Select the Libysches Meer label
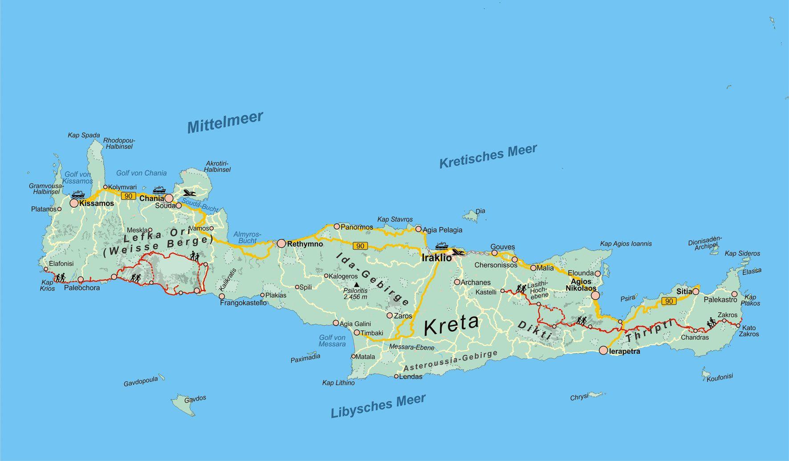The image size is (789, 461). point(378,406)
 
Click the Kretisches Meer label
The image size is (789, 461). point(488,156)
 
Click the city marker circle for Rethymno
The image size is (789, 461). point(281,243)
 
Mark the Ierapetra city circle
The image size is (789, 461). point(603,351)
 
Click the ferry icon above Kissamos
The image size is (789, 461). point(77,194)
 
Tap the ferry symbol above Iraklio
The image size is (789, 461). point(441,246)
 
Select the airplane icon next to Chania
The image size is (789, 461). point(189,193)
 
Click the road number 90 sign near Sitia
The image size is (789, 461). point(669,301)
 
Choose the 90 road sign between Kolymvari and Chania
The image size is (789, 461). point(128,196)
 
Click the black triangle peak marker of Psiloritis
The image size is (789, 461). point(356,284)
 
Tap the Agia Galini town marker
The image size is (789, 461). point(336,323)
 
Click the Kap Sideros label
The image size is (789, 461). point(742,253)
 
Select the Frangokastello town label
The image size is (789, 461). point(243,303)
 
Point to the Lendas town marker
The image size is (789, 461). point(396,376)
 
